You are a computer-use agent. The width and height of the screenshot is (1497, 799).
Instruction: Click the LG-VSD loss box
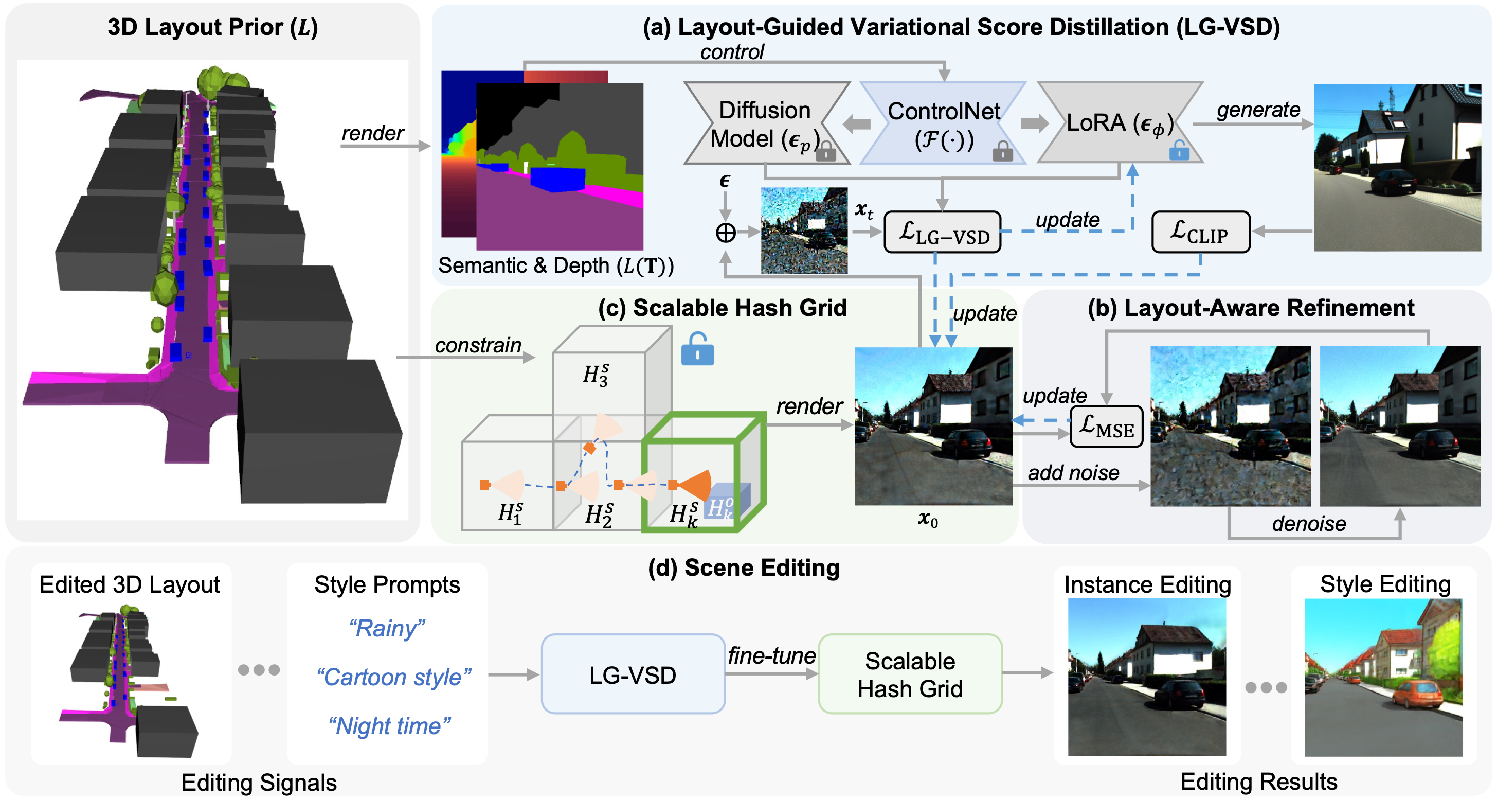coord(942,233)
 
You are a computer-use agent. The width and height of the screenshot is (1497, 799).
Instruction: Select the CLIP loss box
coord(1200,232)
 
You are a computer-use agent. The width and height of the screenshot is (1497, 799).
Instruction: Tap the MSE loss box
coord(1106,426)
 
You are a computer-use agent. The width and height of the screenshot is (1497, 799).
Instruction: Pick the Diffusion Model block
coord(765,123)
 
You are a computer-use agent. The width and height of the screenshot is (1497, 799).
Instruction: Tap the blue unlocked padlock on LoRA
coord(1179,151)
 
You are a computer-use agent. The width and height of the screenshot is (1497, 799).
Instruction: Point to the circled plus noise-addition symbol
coord(725,233)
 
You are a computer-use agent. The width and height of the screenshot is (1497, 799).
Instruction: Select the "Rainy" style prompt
coord(387,629)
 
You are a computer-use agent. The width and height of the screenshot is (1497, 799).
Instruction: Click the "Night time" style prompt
coord(389,726)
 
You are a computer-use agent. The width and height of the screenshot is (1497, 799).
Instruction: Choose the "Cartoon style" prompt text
coord(393,677)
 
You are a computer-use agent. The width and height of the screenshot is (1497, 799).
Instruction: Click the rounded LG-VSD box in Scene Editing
coord(633,674)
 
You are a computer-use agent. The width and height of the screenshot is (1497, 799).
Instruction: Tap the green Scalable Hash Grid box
coord(910,674)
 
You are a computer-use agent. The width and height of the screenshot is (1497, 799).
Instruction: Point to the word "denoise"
coord(1309,524)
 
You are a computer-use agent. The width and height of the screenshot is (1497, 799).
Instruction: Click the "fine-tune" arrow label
coord(771,656)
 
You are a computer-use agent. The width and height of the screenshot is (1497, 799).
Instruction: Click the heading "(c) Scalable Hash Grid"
coord(723,308)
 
